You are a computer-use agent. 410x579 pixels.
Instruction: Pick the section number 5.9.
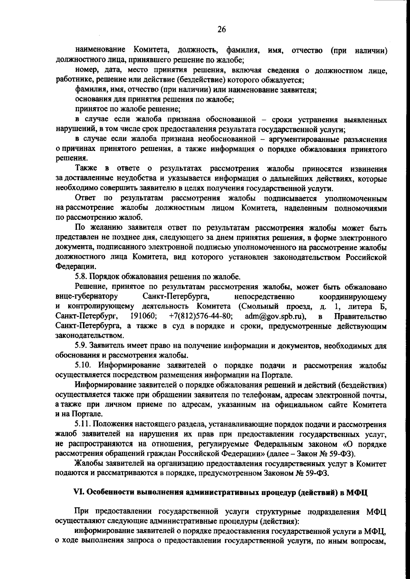(x=82, y=346)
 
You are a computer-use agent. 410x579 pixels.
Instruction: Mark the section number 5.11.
(x=83, y=425)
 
